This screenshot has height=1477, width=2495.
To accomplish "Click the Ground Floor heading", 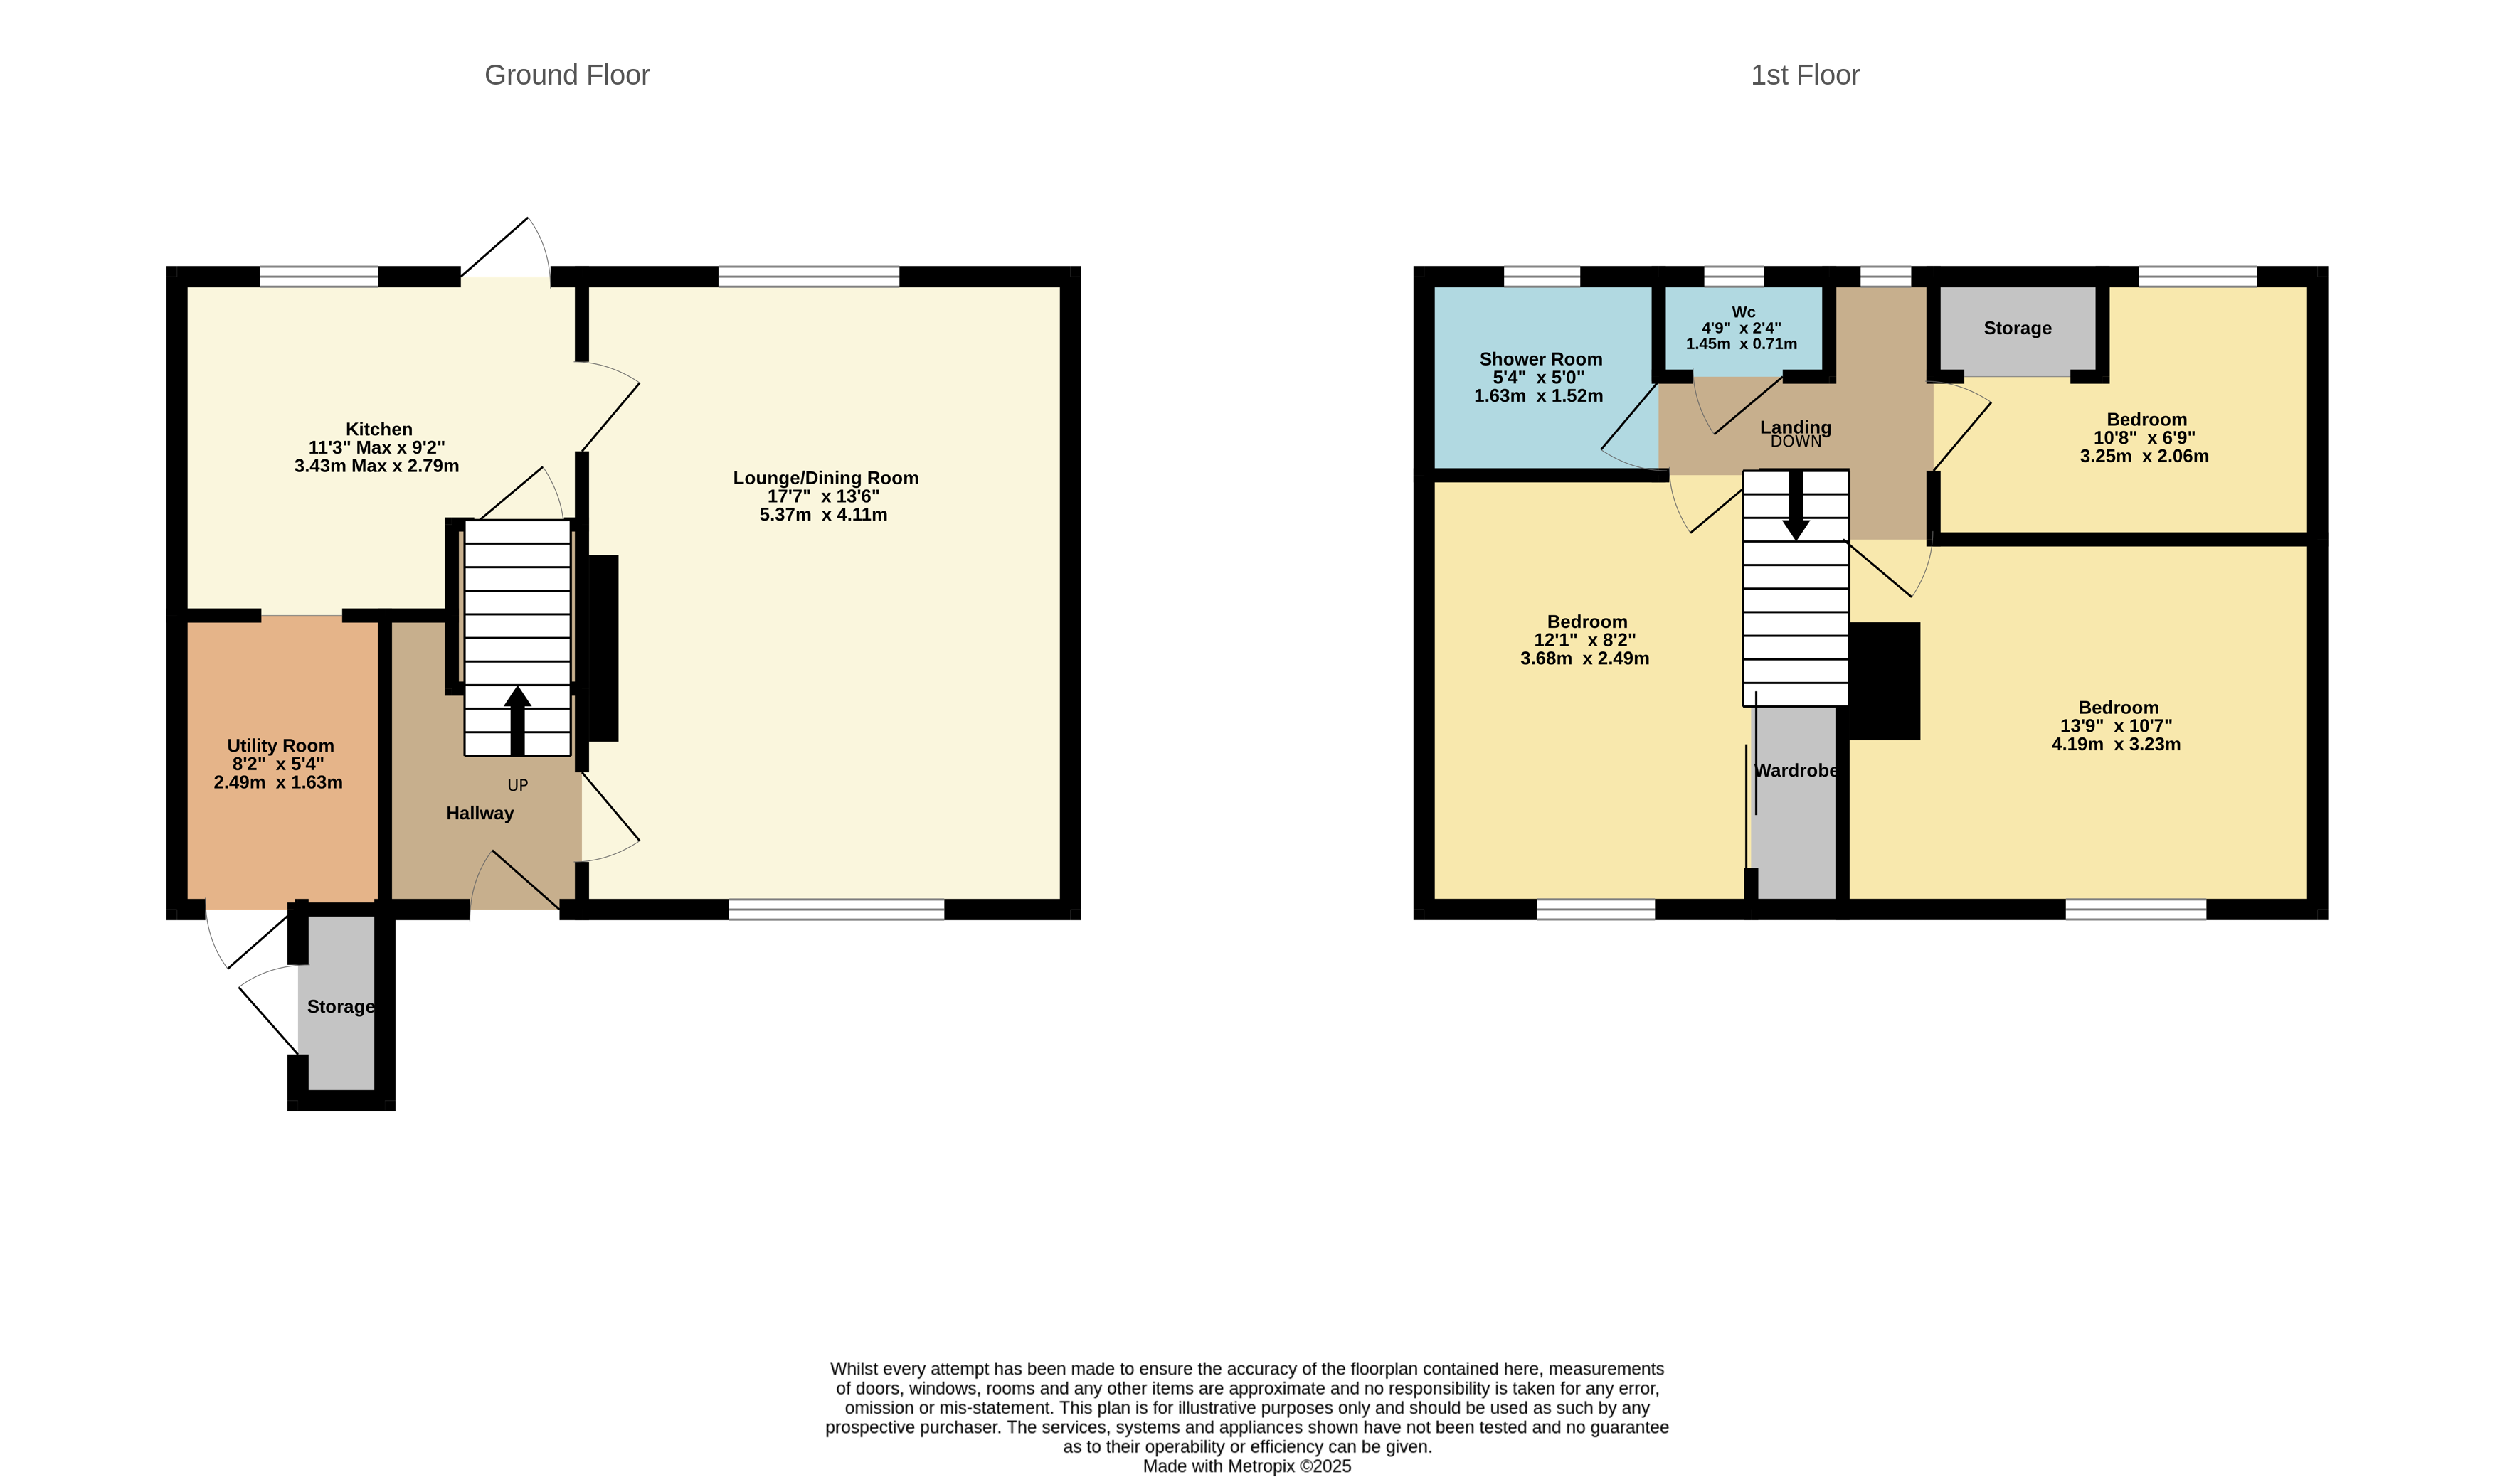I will (x=566, y=75).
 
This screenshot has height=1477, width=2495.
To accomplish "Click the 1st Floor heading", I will (x=1804, y=75).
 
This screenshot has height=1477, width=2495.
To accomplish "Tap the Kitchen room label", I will (x=378, y=429).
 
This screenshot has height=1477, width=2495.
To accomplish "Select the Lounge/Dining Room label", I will (x=825, y=478).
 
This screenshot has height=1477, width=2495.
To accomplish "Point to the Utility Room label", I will (x=280, y=745).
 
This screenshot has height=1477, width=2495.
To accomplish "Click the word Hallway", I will (x=480, y=813).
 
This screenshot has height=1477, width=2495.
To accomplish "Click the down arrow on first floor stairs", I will (x=1795, y=505).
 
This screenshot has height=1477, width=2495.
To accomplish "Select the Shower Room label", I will (x=1540, y=359).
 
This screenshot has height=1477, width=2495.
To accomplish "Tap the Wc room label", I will (x=1742, y=312).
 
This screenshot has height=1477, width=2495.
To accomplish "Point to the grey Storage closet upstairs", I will (x=2017, y=329).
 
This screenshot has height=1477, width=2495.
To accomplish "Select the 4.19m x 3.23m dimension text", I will (x=2116, y=745).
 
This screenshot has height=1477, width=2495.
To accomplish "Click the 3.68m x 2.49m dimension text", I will (x=1584, y=659).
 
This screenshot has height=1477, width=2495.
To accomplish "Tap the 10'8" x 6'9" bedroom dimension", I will (x=2144, y=438).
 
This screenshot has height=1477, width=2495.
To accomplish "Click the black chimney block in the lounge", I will (x=603, y=647).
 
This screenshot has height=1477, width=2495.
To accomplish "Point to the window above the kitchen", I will (x=319, y=277).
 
